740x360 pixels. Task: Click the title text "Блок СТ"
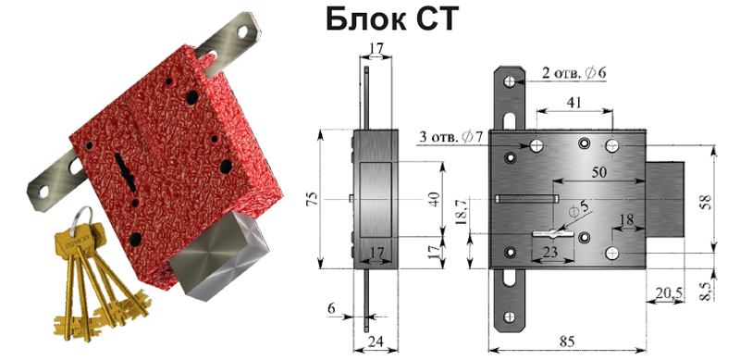(x=391, y=19)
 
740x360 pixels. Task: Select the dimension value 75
(x=313, y=198)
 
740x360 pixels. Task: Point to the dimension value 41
(x=574, y=103)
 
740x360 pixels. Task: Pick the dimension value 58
(x=707, y=199)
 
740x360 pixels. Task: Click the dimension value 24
(x=376, y=341)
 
